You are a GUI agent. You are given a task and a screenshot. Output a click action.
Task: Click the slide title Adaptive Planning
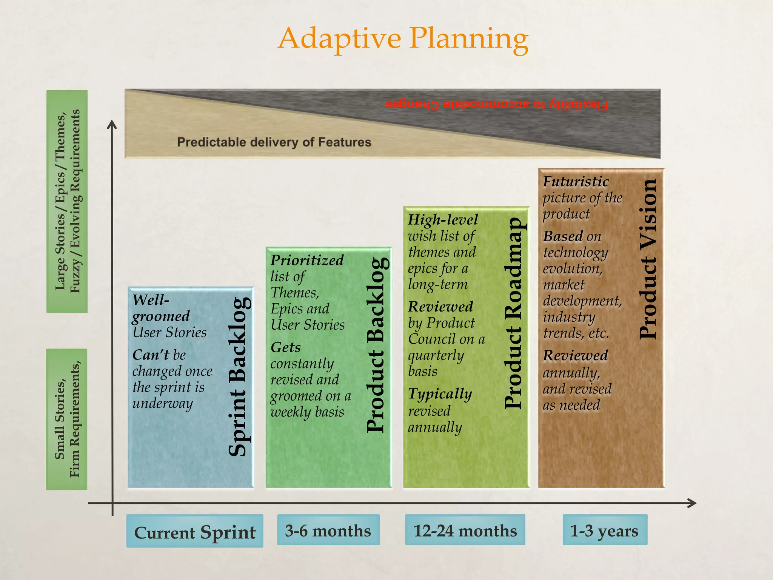pos(403,39)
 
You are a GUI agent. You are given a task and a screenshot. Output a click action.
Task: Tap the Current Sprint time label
pos(195,532)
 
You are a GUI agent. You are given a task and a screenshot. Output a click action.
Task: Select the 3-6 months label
pos(328,530)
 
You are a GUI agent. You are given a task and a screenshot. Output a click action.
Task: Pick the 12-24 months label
pos(465,530)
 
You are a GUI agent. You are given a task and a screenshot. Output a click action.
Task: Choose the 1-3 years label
pos(604,530)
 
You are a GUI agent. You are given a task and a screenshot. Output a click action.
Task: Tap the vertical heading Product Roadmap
pos(514,313)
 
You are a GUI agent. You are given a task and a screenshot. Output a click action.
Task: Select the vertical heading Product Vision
pos(648,259)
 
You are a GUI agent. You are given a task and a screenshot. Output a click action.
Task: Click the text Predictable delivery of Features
pos(274,142)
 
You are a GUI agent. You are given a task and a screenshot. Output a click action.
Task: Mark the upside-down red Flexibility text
pos(497,105)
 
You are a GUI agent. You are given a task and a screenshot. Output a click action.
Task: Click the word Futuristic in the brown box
pos(576,182)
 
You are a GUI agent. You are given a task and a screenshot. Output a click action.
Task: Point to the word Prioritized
pos(307,260)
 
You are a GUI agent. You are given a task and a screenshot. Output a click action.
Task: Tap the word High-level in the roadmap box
pos(443,220)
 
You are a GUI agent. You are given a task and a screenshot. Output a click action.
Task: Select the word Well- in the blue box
pos(151,300)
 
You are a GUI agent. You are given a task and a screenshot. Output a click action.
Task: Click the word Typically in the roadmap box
pos(440,394)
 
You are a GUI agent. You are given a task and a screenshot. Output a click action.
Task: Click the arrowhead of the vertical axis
pos(112,124)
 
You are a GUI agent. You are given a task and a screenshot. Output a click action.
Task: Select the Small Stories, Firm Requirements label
pos(67,419)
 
